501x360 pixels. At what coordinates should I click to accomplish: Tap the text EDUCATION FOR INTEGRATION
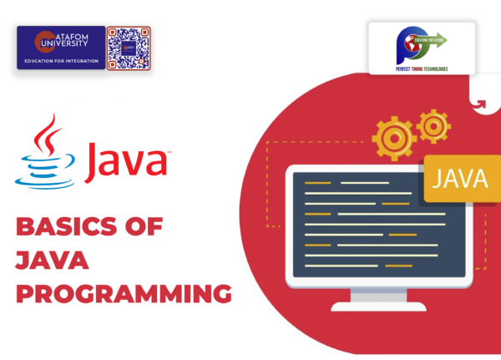tap(61, 63)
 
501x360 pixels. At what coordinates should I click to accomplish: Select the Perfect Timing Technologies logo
tap(422, 48)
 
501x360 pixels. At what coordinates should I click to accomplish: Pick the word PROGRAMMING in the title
tap(124, 294)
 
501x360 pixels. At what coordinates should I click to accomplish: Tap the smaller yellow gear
tap(433, 126)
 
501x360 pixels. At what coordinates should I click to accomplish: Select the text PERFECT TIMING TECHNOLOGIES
tap(423, 68)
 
